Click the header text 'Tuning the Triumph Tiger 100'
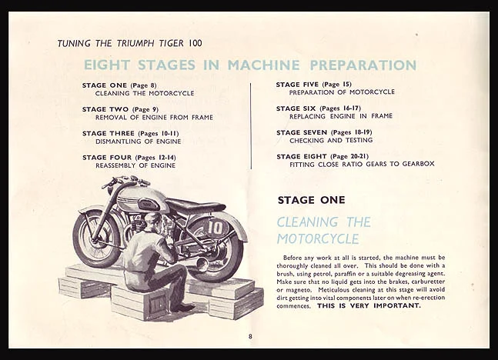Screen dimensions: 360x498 (129, 43)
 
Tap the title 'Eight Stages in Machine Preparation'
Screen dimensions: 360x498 (249, 65)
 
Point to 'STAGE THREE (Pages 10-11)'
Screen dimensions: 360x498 (130, 133)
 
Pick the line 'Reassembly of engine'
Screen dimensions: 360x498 (135, 165)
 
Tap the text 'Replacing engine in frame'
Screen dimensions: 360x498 (340, 116)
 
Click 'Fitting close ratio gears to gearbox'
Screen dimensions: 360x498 (362, 165)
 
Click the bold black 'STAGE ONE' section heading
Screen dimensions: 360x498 (311, 200)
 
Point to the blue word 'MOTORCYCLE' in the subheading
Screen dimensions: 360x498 (318, 238)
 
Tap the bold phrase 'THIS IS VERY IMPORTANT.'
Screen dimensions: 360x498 (369, 305)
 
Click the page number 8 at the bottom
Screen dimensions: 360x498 (249, 336)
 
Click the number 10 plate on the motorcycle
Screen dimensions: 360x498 (216, 228)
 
